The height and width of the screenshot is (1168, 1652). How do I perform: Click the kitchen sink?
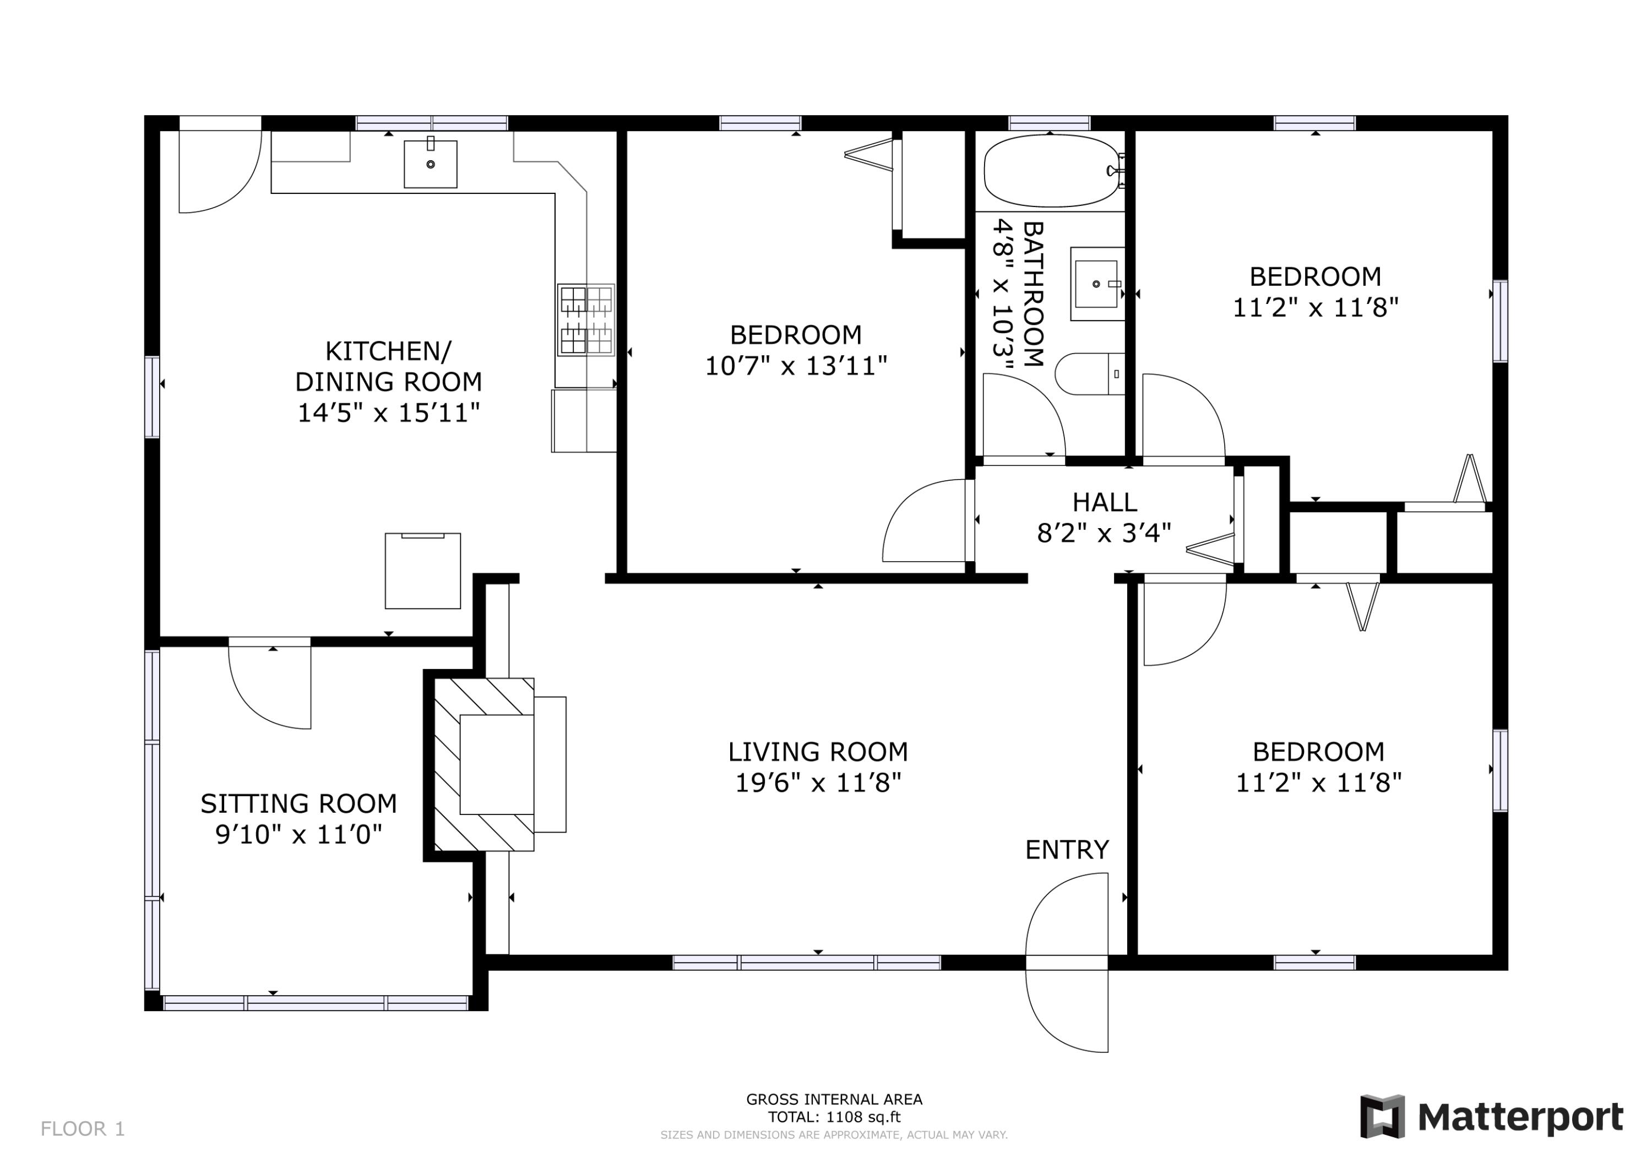[430, 164]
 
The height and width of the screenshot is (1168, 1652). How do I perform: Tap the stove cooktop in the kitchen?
[586, 319]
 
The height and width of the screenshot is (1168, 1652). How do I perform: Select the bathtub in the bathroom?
[1052, 171]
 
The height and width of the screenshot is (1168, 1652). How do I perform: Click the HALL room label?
[1105, 502]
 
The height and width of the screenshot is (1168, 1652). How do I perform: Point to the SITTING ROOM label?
[298, 803]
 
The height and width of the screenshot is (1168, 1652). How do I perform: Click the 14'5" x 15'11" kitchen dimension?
[389, 413]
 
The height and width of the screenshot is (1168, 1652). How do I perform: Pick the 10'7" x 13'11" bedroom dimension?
[796, 366]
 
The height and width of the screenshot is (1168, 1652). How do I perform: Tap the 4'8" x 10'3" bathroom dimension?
[1002, 297]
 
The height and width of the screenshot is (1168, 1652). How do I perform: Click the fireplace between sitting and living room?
[483, 764]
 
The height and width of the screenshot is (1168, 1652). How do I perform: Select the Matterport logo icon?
[1382, 1116]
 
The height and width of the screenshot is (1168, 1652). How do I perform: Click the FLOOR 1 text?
[83, 1128]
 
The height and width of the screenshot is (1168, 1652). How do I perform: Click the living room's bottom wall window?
[807, 963]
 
